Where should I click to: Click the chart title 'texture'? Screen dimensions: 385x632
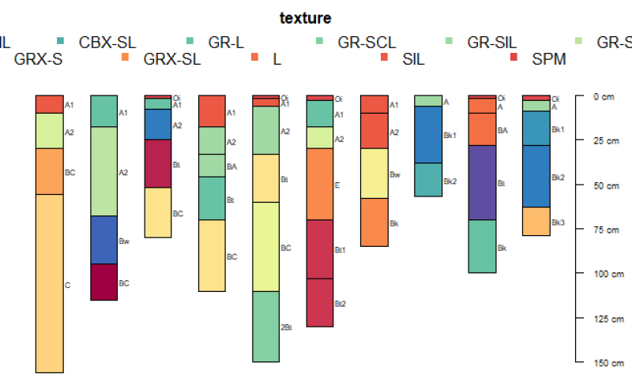[305, 17]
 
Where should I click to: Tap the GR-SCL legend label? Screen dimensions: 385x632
[366, 41]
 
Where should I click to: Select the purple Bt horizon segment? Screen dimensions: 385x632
[482, 182]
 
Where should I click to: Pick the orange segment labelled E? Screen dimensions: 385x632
[319, 184]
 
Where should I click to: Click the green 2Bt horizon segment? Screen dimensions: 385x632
[265, 327]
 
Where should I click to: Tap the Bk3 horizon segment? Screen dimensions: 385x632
[536, 221]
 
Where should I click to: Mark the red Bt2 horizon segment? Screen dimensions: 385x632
[319, 302]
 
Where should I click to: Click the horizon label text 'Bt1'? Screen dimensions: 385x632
[340, 250]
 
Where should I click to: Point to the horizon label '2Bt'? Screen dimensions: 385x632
[286, 327]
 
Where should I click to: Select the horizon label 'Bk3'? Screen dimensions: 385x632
[558, 222]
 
